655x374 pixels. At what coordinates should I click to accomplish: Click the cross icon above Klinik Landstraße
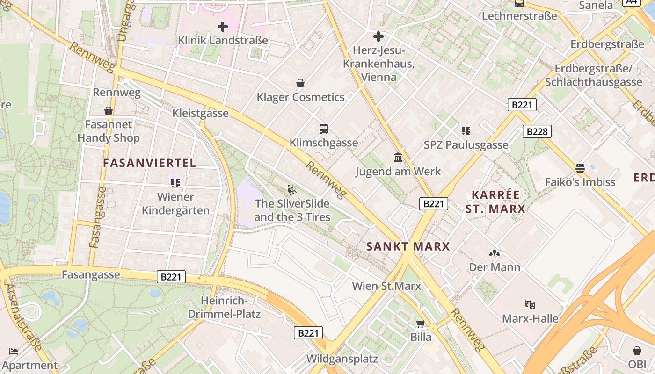point(223,27)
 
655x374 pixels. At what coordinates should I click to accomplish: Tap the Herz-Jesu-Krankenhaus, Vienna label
point(379,64)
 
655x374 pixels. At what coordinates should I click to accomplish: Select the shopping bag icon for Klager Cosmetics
point(300,84)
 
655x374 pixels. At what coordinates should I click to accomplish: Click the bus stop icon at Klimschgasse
point(323,129)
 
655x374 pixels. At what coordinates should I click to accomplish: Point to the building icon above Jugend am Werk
point(398,157)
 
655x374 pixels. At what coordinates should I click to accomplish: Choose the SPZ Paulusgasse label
point(466,145)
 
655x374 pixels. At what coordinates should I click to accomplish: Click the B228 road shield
point(537,131)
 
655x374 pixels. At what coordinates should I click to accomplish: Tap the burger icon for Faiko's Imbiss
point(580,168)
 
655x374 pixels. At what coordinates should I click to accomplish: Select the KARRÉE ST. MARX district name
point(495,202)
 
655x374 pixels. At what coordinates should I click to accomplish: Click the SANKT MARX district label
point(408,246)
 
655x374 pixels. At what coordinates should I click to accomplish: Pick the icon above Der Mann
point(495,253)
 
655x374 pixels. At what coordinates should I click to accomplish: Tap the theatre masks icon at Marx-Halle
point(530,304)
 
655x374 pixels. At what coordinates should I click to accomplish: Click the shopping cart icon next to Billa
point(421,324)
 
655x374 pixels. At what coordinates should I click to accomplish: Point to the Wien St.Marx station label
point(386,286)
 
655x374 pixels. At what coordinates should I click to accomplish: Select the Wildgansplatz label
point(342,359)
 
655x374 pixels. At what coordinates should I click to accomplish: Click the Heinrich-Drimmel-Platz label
point(224,307)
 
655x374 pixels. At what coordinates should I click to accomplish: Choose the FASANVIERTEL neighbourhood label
point(149,163)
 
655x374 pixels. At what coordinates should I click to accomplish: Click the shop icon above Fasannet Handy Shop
point(109,111)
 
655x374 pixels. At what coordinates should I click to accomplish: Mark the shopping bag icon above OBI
point(637,351)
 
